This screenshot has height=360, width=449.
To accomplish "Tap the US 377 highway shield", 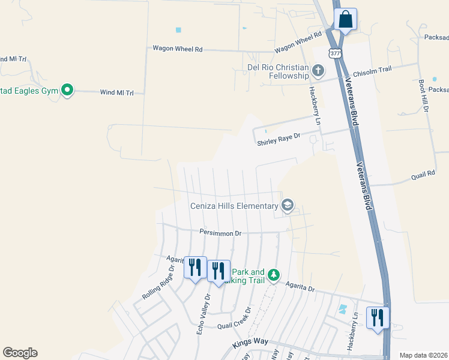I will [x=335, y=53].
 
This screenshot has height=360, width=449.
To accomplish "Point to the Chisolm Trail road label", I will [x=372, y=70].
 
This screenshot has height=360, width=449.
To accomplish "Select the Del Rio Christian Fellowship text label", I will [x=278, y=71].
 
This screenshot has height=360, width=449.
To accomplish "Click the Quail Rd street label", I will [x=423, y=175].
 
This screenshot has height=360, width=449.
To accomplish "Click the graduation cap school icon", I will [x=288, y=206].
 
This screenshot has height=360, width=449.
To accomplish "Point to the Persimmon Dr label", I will [x=220, y=232].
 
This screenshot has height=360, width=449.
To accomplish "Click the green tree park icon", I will [x=274, y=275].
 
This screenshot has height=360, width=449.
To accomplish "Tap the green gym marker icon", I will [x=67, y=91].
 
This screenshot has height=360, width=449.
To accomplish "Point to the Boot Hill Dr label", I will [x=424, y=96].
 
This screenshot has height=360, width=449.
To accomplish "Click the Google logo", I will [x=20, y=353].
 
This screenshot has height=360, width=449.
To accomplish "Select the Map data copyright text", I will [x=423, y=355].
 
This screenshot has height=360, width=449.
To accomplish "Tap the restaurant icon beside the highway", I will [x=376, y=317].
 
